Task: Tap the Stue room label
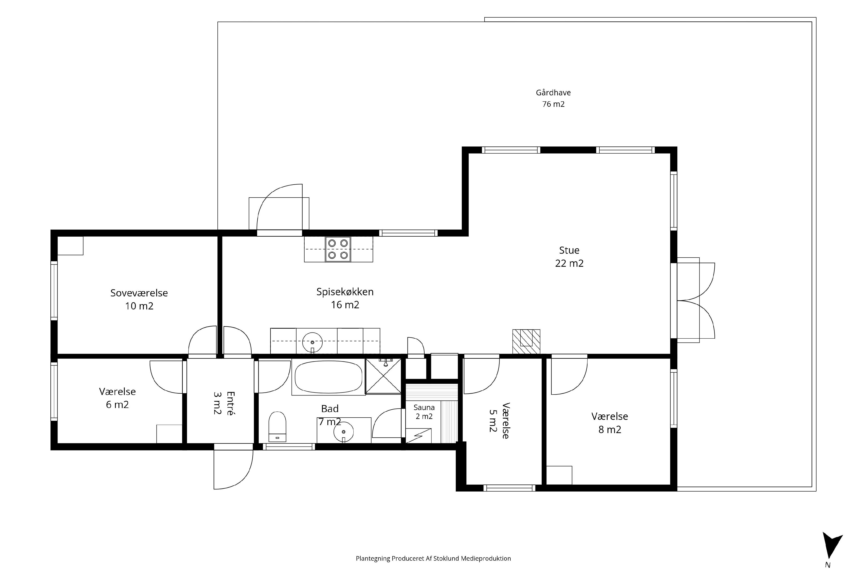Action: pos(569,250)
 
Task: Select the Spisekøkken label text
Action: pos(345,292)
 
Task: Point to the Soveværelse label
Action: pos(139,293)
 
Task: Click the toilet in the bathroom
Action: pos(277,426)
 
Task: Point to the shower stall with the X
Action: pos(383,376)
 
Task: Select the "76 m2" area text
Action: pos(553,104)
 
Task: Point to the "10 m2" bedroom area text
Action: pos(139,306)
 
